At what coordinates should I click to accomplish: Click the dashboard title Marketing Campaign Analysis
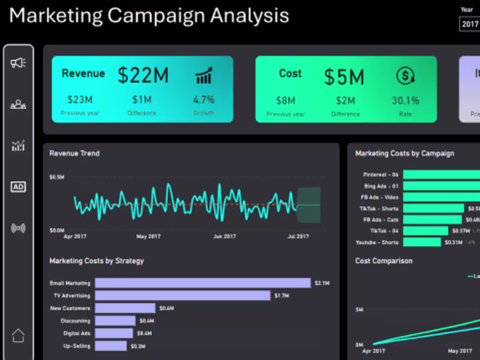149,16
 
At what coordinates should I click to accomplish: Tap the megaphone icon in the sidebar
18,63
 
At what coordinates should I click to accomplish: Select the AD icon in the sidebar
18,187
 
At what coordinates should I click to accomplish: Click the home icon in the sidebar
18,335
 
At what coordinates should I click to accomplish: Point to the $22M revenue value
143,76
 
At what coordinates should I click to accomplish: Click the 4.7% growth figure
203,100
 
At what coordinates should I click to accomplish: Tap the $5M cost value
344,77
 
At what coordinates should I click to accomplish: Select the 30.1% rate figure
406,100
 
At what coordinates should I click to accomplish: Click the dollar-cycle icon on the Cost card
406,76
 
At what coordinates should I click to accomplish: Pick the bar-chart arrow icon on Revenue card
204,76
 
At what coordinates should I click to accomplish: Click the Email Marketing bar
203,283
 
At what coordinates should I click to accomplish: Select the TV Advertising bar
182,296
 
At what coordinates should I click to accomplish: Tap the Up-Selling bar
111,346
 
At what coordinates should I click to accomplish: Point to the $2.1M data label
322,283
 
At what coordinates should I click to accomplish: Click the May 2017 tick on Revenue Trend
149,236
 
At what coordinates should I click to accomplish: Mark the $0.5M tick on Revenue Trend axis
57,178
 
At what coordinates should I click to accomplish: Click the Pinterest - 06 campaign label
380,175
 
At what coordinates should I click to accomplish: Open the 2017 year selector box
469,25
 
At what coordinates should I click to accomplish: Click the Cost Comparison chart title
383,261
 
